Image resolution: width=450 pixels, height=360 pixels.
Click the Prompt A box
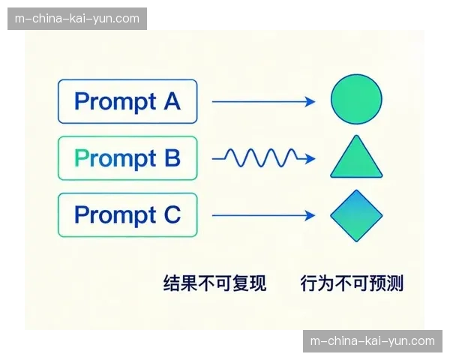tap(127, 101)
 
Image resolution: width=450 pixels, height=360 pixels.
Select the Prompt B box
tap(127, 158)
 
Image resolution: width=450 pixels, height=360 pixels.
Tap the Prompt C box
tap(127, 215)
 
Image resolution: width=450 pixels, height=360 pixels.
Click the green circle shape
tap(356, 100)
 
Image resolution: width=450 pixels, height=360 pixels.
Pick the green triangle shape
tap(356, 158)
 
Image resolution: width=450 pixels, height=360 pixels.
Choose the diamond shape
tap(356, 216)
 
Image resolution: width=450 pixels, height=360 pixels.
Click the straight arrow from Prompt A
tap(262, 101)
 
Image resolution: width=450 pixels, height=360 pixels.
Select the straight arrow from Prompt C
tap(262, 216)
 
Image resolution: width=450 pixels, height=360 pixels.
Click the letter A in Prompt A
tap(172, 101)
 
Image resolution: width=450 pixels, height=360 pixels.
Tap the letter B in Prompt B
tap(172, 158)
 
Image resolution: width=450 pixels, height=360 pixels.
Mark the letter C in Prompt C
tap(172, 215)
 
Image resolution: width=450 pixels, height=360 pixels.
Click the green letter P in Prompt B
tap(81, 158)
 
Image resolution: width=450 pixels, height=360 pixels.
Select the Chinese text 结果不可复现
tap(214, 283)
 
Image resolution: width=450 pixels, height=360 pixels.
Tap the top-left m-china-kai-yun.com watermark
tap(78, 18)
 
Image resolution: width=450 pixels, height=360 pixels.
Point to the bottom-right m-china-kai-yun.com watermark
tap(372, 341)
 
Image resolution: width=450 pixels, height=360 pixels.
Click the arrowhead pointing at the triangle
tap(308, 158)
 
